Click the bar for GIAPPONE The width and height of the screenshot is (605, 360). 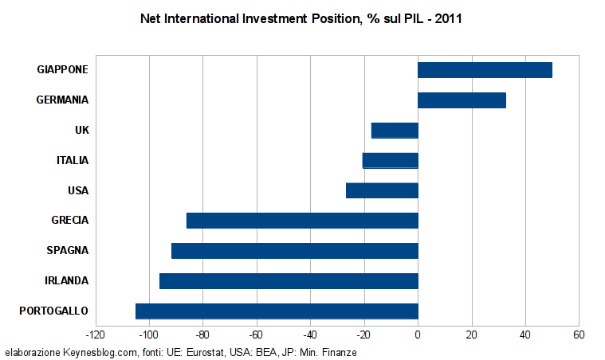point(485,70)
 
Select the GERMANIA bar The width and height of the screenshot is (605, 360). point(462,100)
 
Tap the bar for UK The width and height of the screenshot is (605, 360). point(395,131)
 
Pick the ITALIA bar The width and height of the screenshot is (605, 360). point(390,160)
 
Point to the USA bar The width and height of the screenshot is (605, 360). point(382,190)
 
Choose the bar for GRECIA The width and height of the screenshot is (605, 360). point(302,221)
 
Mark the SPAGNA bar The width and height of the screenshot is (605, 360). point(294,250)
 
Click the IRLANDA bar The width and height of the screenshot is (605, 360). point(289,280)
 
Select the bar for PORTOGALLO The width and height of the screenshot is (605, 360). point(277,311)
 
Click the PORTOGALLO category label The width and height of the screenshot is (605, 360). point(53,311)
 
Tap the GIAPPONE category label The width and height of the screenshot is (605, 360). point(62,70)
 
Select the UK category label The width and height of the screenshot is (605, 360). point(81,131)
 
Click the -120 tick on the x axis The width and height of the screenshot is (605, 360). point(95,335)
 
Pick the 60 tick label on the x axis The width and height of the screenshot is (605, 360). point(579,335)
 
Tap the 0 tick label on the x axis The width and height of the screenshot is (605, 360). point(418,335)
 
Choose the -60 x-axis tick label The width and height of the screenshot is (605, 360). point(256,335)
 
